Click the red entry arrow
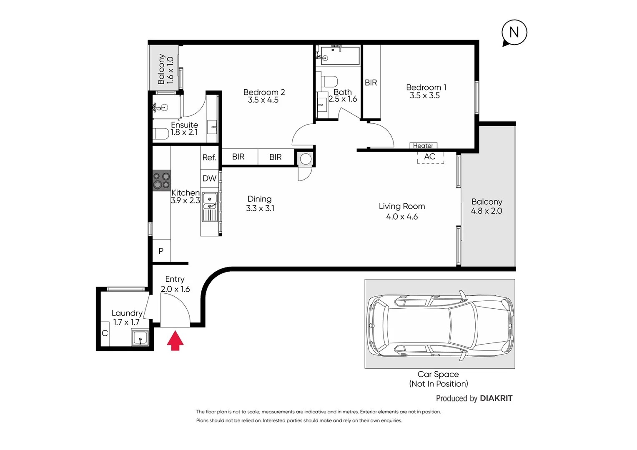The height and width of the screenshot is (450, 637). click(175, 340)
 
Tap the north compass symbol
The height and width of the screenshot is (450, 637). click(514, 32)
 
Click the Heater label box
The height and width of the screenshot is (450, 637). click(423, 145)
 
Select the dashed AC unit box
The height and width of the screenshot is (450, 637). click(430, 157)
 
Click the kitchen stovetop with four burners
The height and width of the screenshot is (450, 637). click(162, 180)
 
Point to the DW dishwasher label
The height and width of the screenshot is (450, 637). click(209, 178)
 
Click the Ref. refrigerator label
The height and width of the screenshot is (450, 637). click(209, 157)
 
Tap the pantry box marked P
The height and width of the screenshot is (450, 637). click(161, 251)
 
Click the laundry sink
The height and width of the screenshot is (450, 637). click(140, 337)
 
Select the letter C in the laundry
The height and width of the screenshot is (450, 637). click(105, 333)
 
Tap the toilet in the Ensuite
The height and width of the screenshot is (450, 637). click(161, 134)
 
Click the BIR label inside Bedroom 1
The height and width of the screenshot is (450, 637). click(371, 82)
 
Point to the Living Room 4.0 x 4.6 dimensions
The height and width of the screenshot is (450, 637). click(401, 216)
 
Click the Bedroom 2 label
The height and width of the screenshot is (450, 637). click(264, 92)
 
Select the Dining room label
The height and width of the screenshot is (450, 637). click(259, 199)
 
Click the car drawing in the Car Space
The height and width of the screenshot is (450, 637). click(439, 324)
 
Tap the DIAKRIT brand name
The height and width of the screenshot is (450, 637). click(496, 398)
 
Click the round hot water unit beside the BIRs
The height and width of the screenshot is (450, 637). click(306, 159)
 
